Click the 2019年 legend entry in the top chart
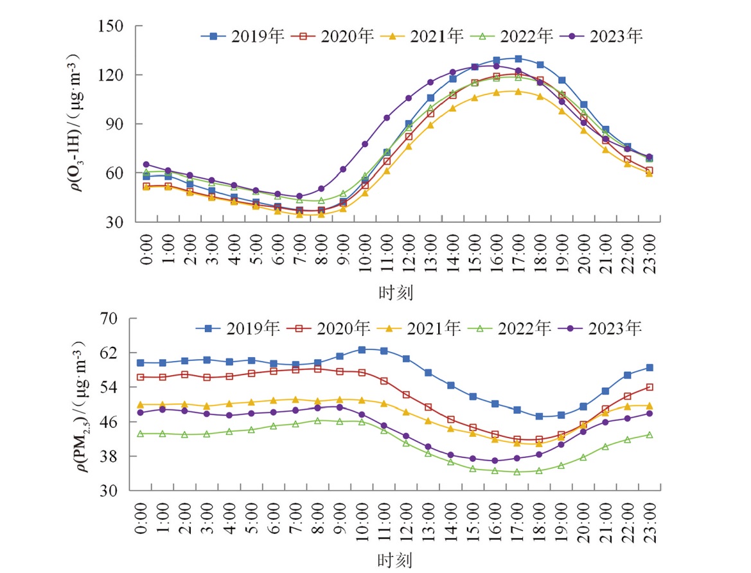pos(242,37)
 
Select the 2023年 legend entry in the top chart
pos(601,37)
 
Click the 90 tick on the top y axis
pos(116,124)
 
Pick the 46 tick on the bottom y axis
pos(116,421)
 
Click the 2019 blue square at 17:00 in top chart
pos(518,58)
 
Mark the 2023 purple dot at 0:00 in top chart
pos(146,164)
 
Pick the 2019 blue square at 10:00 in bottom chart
pos(362,349)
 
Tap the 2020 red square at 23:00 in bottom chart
pos(649,387)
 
